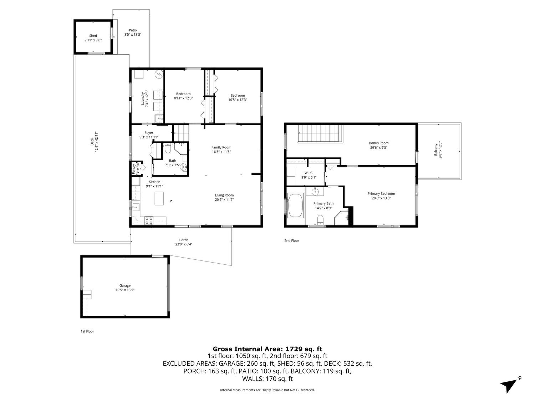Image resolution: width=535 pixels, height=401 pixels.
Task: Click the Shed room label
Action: (93, 36)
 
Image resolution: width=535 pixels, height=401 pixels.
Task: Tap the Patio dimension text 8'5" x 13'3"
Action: (133, 35)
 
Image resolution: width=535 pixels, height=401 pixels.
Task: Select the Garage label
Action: (125, 285)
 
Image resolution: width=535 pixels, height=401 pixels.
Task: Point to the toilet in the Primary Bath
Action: (320, 219)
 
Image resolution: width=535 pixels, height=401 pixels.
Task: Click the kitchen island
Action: (159, 198)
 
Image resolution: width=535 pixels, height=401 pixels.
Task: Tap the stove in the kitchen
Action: (149, 220)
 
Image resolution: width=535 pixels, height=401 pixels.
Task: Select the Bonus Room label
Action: (378, 143)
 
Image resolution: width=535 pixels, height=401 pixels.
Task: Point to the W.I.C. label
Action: (309, 173)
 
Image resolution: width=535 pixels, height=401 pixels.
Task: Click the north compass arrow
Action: (509, 386)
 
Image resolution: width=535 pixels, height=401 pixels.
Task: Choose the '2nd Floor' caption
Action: (291, 240)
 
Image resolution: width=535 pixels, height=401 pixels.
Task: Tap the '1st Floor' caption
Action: (87, 331)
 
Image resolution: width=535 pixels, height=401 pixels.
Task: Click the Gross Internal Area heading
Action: (267, 349)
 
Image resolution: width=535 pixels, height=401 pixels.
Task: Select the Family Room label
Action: (221, 147)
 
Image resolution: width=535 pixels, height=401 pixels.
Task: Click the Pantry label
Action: (133, 169)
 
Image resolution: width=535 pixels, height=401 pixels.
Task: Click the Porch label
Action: (184, 240)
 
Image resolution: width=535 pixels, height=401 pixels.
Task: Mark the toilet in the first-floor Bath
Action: (167, 148)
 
